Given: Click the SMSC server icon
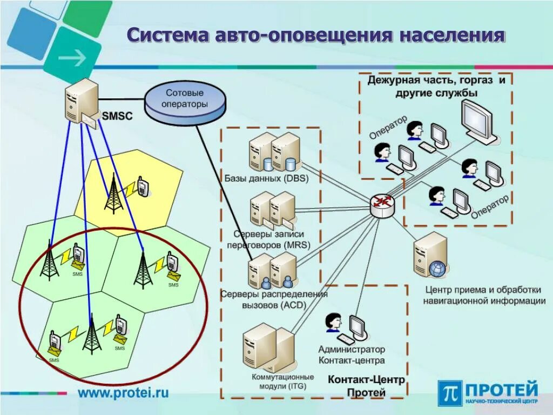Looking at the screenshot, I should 82,102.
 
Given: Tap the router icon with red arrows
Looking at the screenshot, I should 383,204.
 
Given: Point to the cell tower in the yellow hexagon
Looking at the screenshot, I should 113,193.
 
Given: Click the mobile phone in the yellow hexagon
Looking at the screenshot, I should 143,186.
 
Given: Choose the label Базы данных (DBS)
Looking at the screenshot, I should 266,179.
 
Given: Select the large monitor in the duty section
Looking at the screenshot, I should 478,122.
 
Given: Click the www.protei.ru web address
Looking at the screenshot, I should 123,392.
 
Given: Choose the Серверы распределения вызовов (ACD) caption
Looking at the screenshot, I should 274,299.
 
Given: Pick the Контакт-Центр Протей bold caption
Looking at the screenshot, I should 366,386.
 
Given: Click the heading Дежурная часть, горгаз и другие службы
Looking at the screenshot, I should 436,86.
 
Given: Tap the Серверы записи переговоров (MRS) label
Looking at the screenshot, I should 268,239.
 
